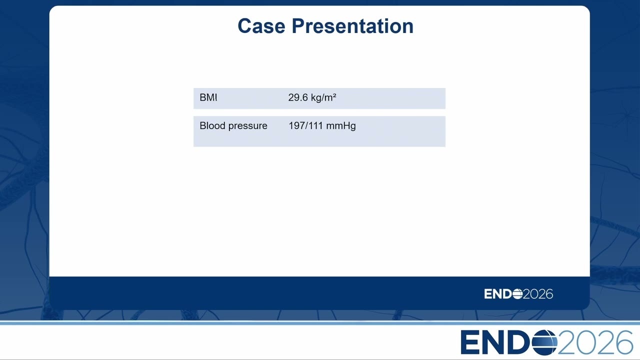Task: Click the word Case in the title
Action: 261,26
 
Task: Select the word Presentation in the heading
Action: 352,26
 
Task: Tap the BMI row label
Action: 208,97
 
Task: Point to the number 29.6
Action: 298,97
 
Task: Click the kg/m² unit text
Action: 323,97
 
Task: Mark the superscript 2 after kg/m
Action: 334,95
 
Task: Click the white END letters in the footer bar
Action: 497,293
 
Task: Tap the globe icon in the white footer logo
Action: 517,293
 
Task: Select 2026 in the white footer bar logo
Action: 538,293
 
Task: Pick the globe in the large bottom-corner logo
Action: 544,342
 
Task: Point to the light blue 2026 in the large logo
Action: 595,342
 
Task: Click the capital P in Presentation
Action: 298,26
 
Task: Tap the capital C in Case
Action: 245,26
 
